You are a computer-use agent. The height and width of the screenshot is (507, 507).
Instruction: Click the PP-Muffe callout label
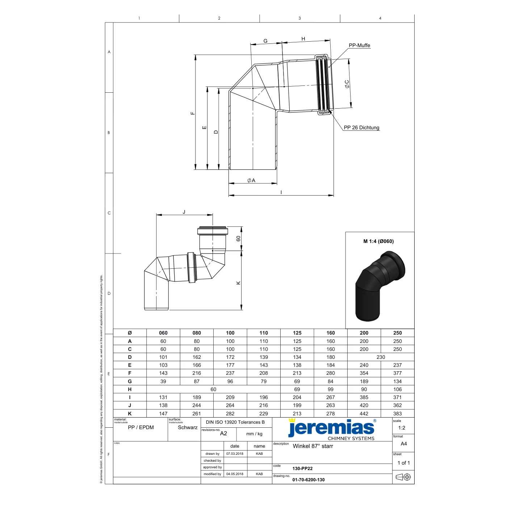point(359,46)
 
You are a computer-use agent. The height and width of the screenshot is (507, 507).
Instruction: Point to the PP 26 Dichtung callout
point(361,127)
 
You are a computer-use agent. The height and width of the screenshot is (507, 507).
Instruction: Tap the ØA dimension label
point(251,180)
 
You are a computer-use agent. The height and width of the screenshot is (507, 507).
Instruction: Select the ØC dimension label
point(347,84)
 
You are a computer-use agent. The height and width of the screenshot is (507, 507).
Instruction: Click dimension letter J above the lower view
point(184,212)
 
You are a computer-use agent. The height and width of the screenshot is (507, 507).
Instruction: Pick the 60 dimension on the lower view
point(238,239)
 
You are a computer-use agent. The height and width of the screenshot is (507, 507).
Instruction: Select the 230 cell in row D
point(381,357)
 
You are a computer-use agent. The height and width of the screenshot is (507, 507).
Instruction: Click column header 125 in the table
point(297,333)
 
